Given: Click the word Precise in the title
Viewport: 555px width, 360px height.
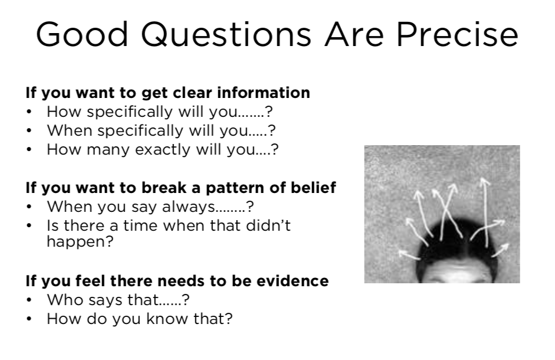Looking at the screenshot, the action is [457, 34].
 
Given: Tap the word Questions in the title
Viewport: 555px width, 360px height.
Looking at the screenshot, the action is [226, 35].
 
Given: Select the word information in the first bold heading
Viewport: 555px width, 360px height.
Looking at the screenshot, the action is [264, 93].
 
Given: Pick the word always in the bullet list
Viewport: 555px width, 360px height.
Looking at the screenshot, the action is [188, 207].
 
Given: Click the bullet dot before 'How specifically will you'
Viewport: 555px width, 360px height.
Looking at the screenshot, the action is [29, 112].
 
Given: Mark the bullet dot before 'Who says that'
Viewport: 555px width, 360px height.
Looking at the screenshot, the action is [29, 300].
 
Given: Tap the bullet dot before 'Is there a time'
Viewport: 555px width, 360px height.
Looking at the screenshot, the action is [29, 225].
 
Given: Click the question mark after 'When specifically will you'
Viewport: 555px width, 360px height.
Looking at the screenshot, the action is [271, 130].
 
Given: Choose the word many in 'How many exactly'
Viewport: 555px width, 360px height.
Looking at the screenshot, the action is [109, 150].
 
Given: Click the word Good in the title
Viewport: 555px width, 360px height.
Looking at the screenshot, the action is [82, 35].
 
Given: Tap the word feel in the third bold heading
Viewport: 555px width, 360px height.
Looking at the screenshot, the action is [90, 281].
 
